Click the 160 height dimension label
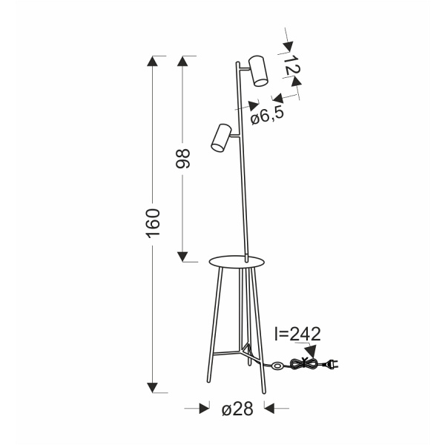153,223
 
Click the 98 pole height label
182,159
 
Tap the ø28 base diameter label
237,409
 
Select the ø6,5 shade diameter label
267,116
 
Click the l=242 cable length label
297,334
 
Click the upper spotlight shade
258,71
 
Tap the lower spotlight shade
221,137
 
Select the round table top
236,261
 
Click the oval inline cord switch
277,366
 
